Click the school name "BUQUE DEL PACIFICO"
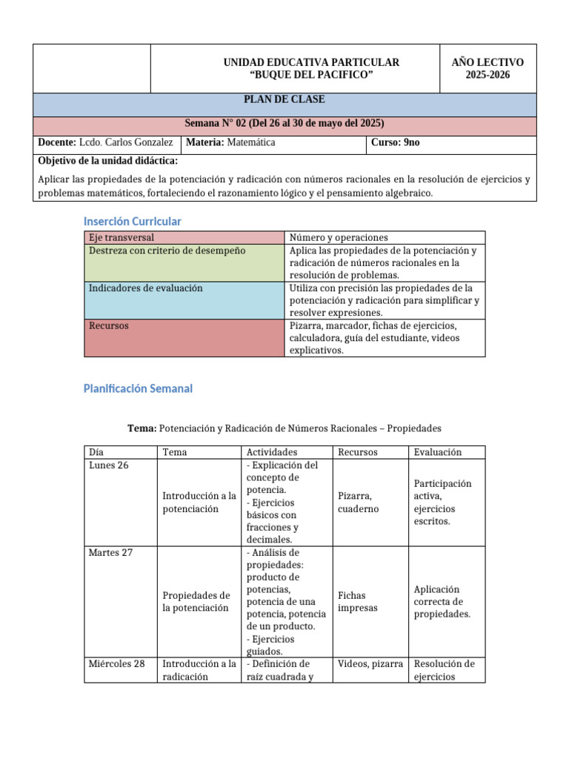pyautogui.click(x=311, y=75)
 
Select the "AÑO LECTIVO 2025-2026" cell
pyautogui.click(x=487, y=68)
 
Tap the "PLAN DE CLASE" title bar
pyautogui.click(x=284, y=100)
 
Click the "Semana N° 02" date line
pyautogui.click(x=284, y=123)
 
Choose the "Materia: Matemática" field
pyautogui.click(x=231, y=142)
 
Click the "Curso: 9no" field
pyautogui.click(x=396, y=142)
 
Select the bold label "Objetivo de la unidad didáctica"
pyautogui.click(x=107, y=161)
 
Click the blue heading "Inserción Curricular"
pyautogui.click(x=132, y=222)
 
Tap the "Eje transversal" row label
pyautogui.click(x=121, y=238)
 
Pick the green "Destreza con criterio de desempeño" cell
pyautogui.click(x=167, y=251)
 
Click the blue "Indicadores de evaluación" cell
pyautogui.click(x=146, y=288)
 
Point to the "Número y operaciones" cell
pyautogui.click(x=339, y=238)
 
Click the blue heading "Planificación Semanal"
pyautogui.click(x=138, y=388)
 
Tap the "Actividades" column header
pyautogui.click(x=272, y=452)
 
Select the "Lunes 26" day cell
pyautogui.click(x=108, y=465)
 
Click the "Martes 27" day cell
pyautogui.click(x=110, y=552)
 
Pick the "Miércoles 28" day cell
pyautogui.click(x=116, y=663)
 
